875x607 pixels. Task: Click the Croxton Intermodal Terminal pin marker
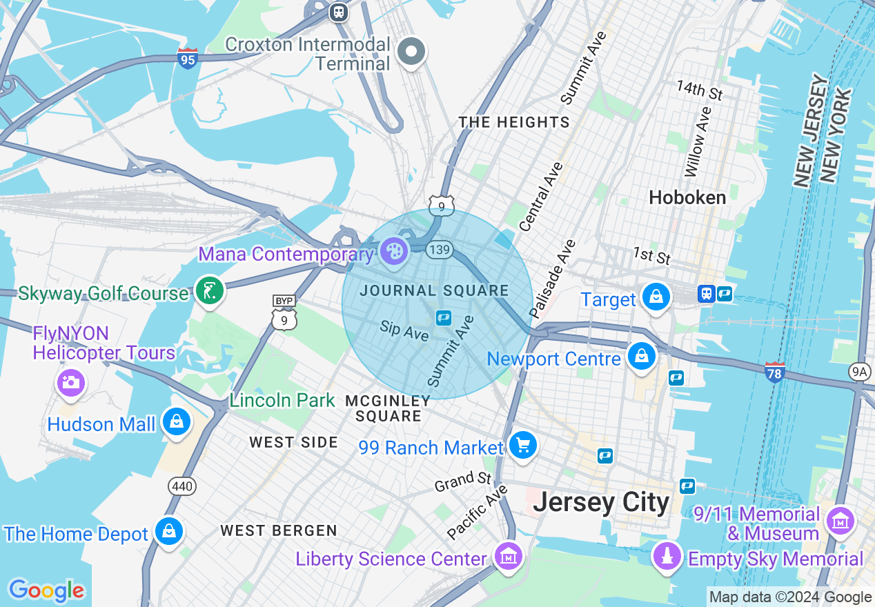point(411,52)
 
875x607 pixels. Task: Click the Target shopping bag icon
point(656,297)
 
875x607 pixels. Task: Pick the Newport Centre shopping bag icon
point(642,357)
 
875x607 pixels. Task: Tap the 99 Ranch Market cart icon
point(522,445)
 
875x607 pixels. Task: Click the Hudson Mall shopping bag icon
point(177,421)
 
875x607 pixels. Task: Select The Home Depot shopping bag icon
point(168,531)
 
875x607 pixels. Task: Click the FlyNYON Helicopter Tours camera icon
point(70,381)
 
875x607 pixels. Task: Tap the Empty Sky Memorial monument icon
point(667,555)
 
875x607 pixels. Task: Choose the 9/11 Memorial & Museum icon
point(840,522)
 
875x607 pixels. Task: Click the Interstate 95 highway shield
point(187,57)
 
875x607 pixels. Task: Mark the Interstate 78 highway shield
point(774,372)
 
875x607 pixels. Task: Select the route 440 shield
point(182,486)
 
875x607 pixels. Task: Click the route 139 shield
point(439,249)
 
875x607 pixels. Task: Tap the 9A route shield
point(859,372)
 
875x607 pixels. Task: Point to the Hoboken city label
point(687,198)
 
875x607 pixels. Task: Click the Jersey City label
point(601,503)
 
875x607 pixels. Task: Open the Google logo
point(46,591)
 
